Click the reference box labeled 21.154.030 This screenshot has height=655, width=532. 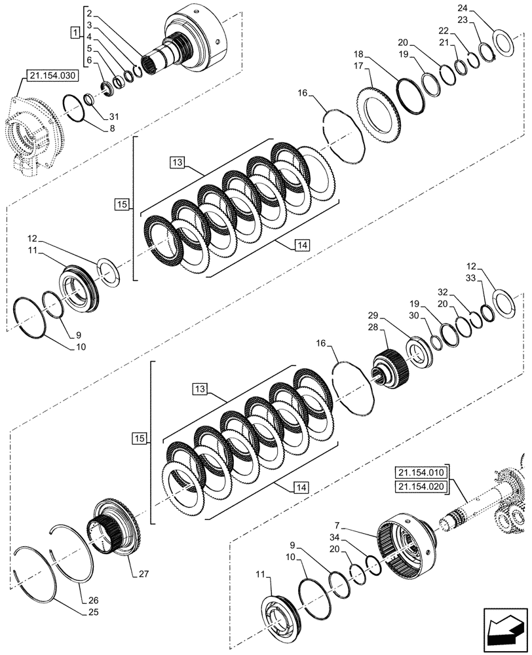pyautogui.click(x=52, y=77)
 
